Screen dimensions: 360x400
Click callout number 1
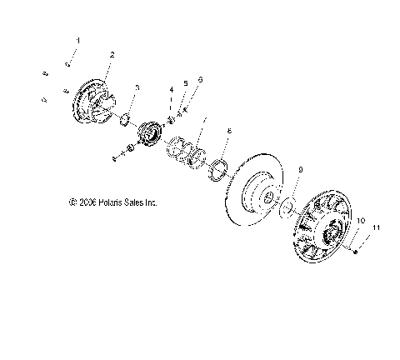[79, 41]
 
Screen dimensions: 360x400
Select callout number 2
[112, 55]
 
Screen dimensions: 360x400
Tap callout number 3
[137, 87]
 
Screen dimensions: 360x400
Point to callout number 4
[172, 89]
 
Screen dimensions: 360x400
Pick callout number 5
[185, 84]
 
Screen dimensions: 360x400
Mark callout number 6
[200, 79]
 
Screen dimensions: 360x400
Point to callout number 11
[352, 227]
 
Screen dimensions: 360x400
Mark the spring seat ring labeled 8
[219, 167]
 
